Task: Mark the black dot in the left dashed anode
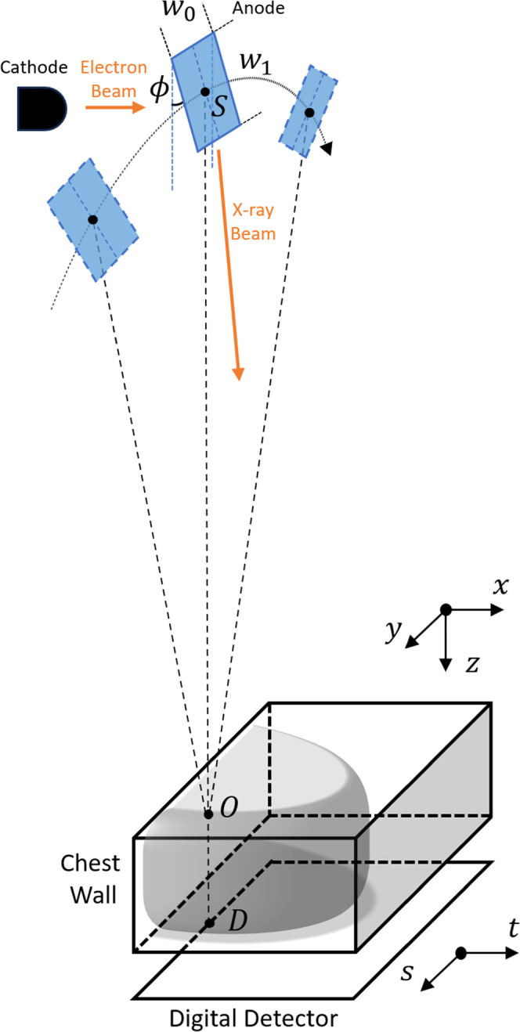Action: (92, 220)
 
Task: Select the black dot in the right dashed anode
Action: (309, 113)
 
